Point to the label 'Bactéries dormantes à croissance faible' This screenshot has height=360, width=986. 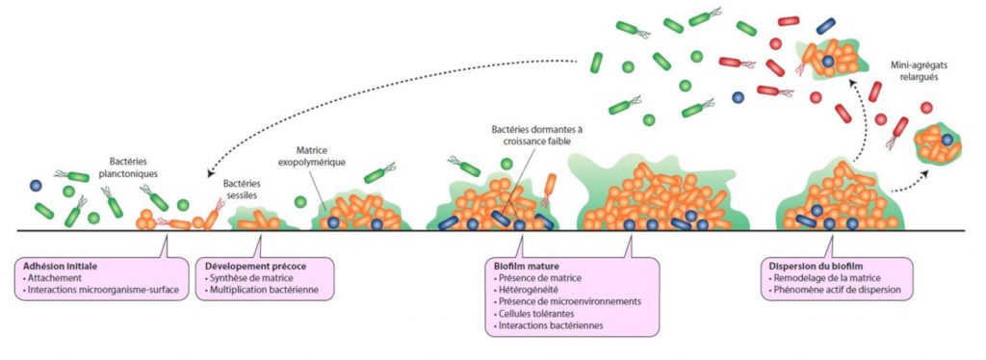click(x=538, y=136)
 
